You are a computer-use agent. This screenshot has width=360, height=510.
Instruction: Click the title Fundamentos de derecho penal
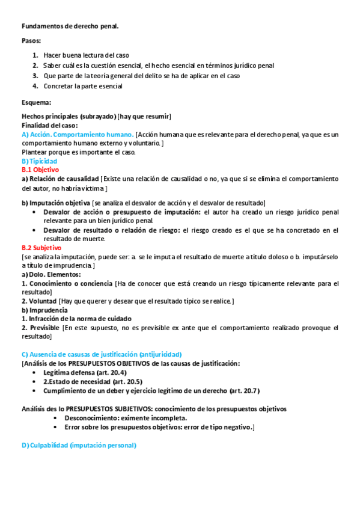pyautogui.click(x=70, y=26)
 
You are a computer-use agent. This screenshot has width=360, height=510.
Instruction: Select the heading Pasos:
pyautogui.click(x=31, y=40)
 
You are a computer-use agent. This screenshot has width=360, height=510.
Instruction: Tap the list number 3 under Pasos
pyautogui.click(x=35, y=76)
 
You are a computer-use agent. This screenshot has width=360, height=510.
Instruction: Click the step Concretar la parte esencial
pyautogui.click(x=83, y=86)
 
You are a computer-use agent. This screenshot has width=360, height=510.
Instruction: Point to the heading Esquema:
pyautogui.click(x=37, y=102)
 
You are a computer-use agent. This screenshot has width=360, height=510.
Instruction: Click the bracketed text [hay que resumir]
pyautogui.click(x=145, y=116)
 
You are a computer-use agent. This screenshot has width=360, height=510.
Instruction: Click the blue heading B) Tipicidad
pyautogui.click(x=39, y=161)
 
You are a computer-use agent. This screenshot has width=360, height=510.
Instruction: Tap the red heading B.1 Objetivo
pyautogui.click(x=40, y=170)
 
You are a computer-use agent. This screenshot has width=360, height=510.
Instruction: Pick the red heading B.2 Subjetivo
pyautogui.click(x=41, y=247)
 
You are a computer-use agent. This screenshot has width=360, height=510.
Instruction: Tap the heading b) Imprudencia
pyautogui.click(x=45, y=310)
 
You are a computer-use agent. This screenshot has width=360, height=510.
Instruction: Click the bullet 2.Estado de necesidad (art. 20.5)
pyautogui.click(x=92, y=382)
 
